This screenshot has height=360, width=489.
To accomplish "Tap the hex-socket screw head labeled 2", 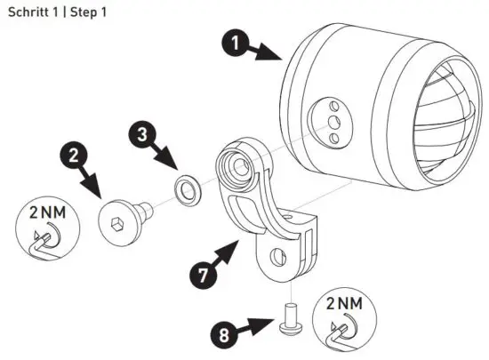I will click(119, 218).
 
